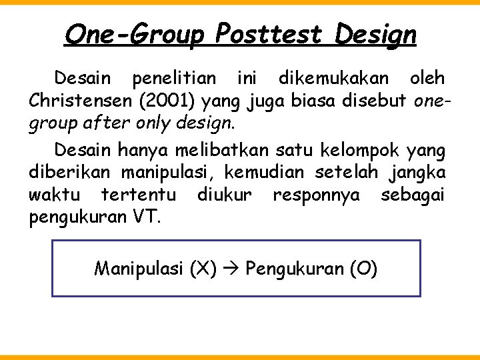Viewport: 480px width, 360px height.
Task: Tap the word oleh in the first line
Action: pos(427,79)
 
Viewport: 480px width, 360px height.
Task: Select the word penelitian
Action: pos(173,79)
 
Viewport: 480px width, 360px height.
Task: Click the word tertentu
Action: pos(138,195)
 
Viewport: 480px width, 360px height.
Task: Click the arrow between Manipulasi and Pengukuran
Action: pos(231,269)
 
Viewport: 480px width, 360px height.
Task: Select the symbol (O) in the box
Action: pos(363,269)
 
